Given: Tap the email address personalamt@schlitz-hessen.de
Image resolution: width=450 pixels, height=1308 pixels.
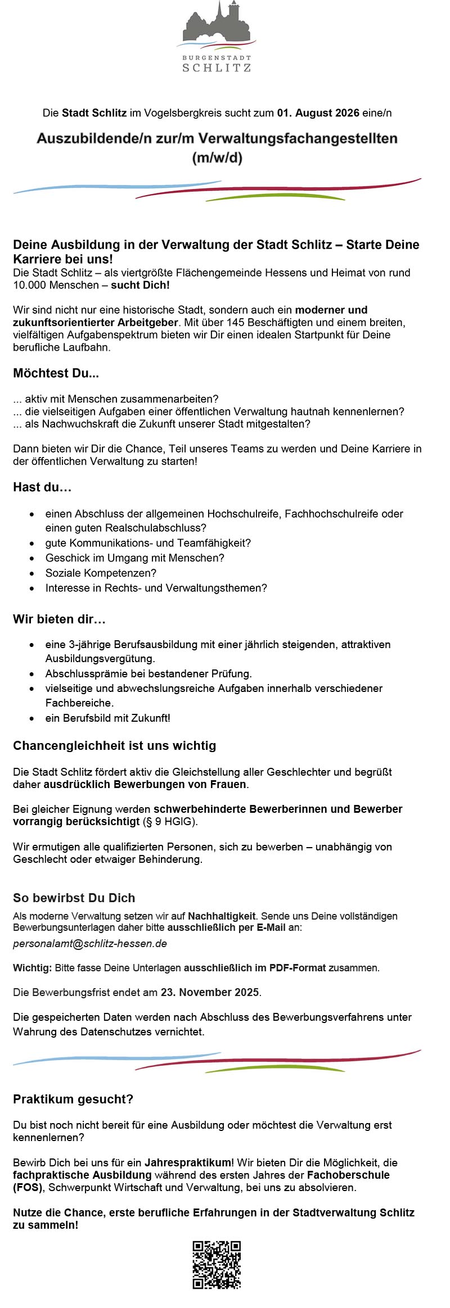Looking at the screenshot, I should [90, 944].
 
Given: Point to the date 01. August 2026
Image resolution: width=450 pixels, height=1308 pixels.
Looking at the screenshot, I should [318, 113].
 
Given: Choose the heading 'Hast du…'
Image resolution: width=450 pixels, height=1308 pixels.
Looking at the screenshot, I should [42, 487].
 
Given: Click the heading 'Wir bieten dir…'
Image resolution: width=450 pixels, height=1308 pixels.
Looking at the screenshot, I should [59, 619].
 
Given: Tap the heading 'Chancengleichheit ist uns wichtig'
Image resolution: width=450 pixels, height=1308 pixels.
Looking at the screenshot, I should [114, 746].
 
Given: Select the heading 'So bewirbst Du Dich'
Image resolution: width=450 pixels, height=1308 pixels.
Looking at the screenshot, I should [74, 898].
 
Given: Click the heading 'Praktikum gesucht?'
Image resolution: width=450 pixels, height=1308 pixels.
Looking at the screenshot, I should [73, 1099].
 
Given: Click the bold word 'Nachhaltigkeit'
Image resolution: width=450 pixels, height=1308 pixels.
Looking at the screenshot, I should [222, 916].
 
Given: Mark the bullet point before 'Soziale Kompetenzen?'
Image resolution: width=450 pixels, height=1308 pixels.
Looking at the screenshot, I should [33, 573].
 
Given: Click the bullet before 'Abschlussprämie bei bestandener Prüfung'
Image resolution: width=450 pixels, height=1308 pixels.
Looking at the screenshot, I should [33, 673].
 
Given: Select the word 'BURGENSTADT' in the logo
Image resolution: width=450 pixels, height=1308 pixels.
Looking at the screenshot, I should [217, 58].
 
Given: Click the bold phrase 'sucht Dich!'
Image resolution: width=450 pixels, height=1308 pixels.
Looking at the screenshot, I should [140, 285].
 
